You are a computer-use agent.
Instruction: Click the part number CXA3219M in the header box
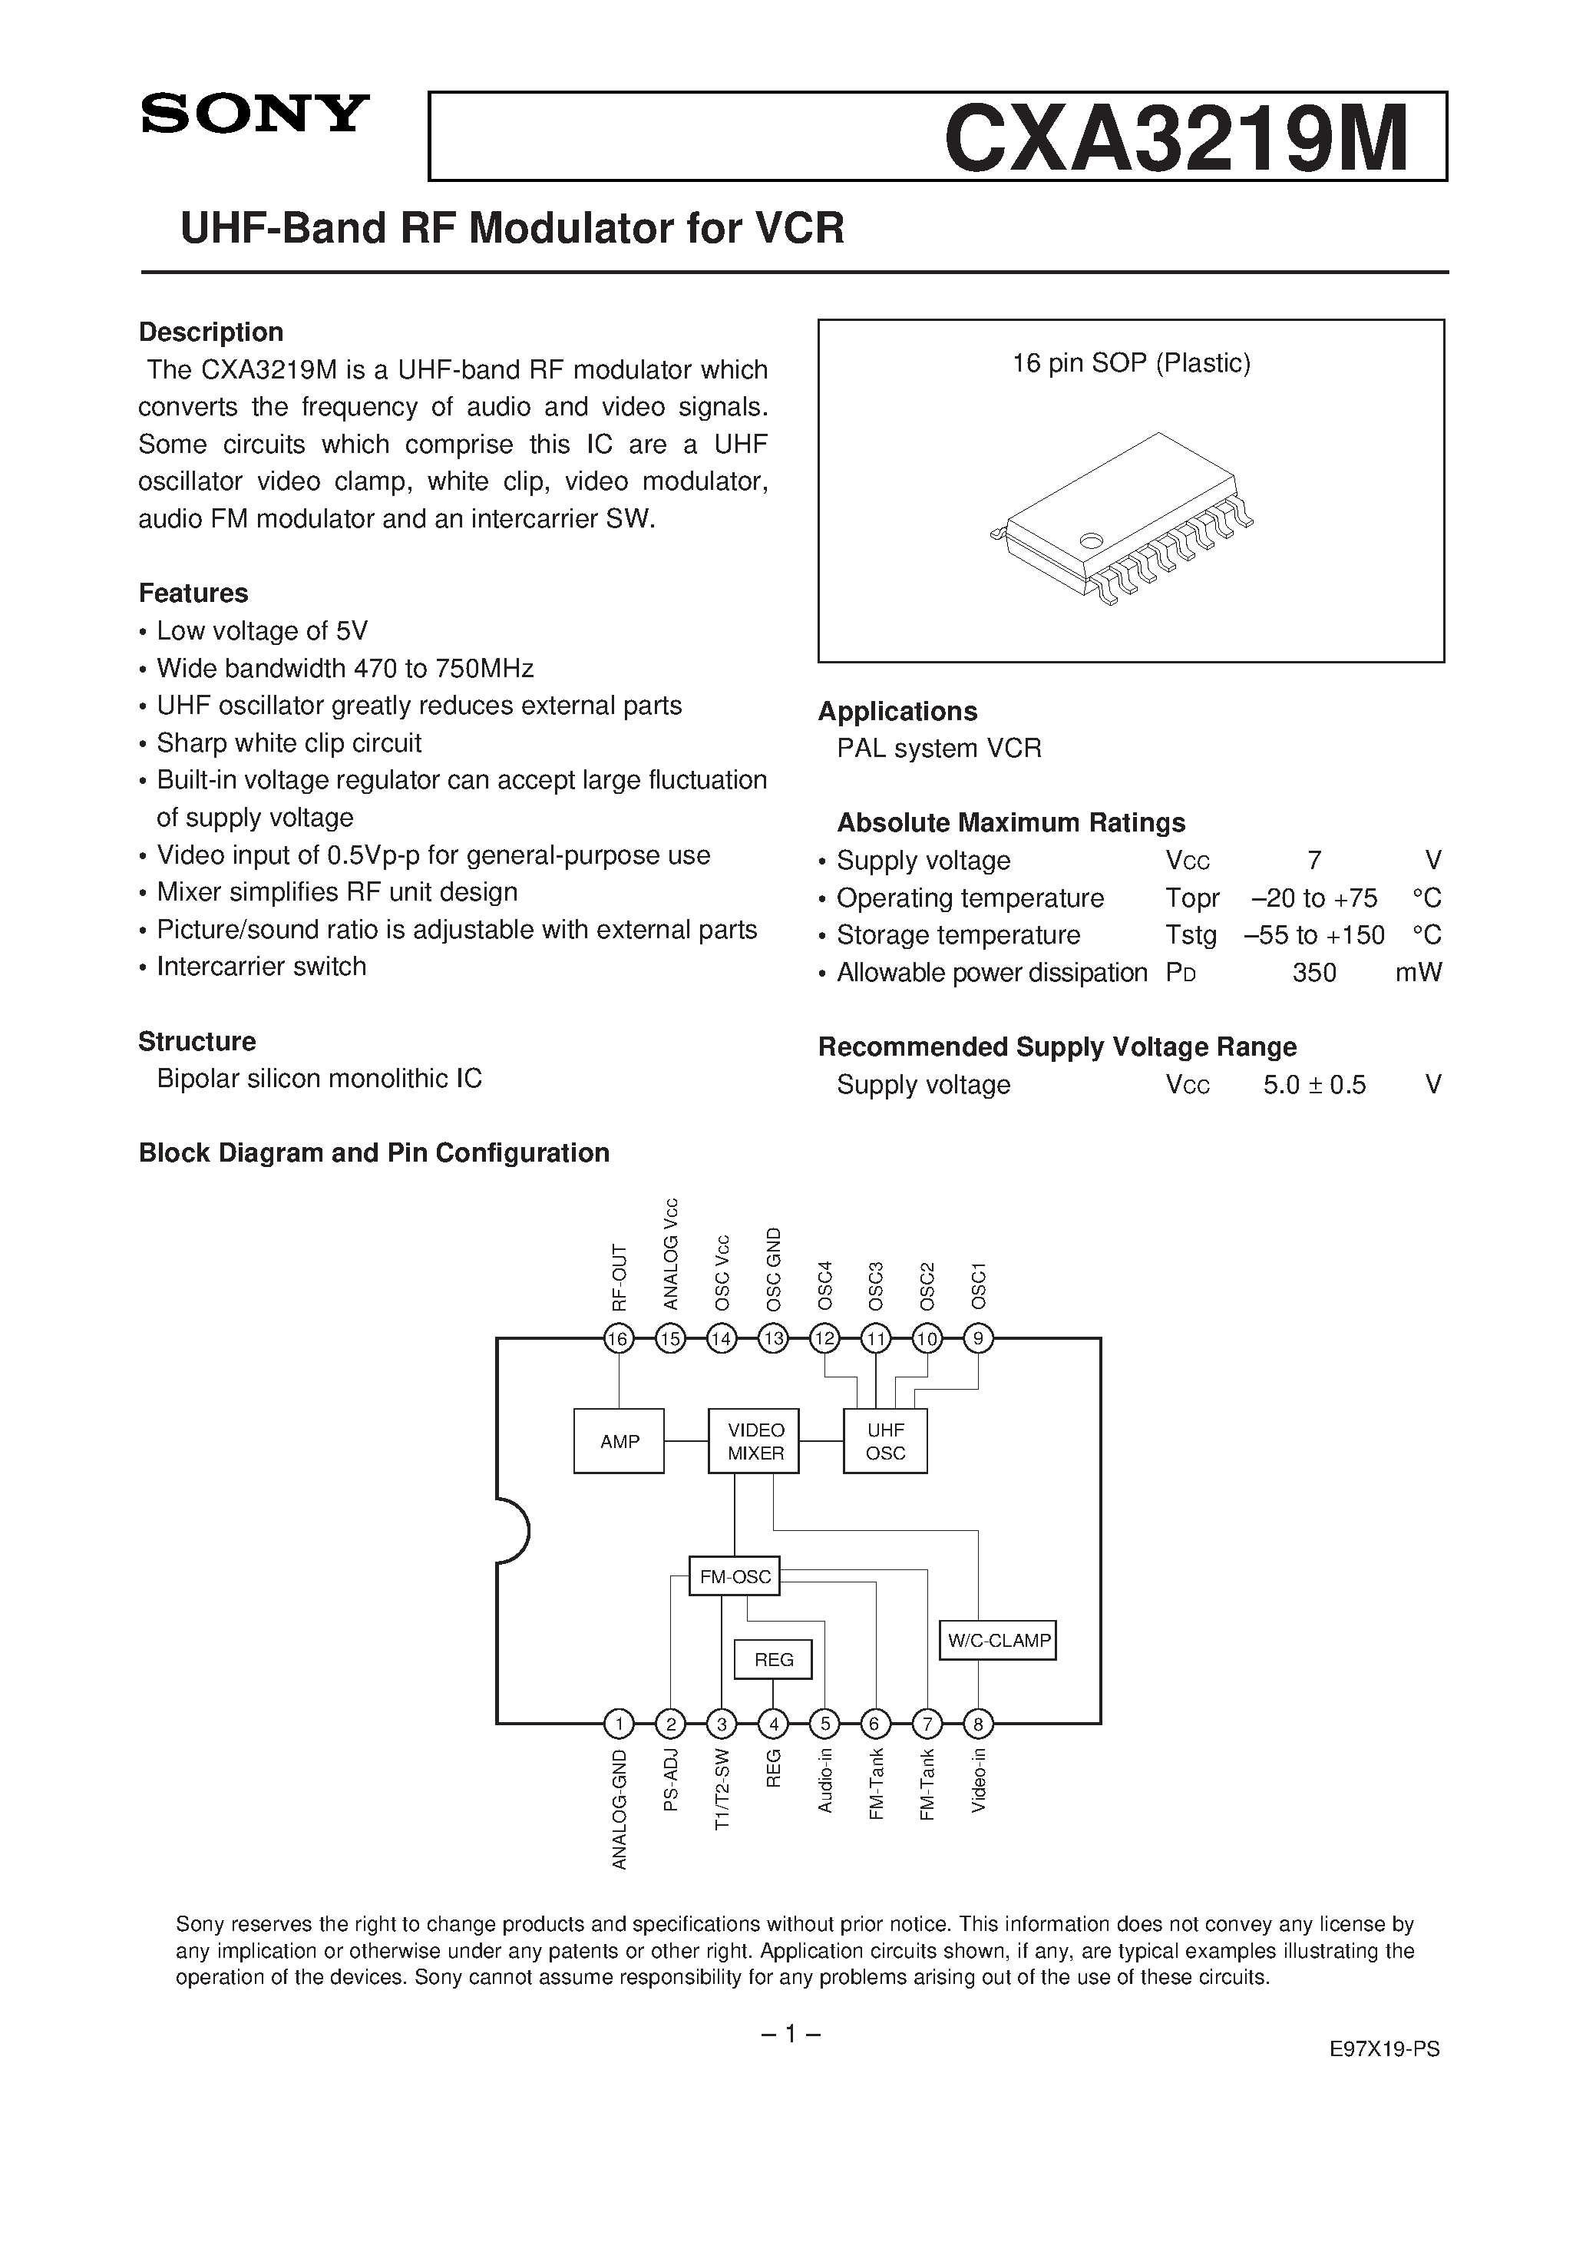(x=1176, y=139)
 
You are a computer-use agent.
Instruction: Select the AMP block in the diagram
(x=619, y=1441)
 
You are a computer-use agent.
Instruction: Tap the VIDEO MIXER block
(x=754, y=1441)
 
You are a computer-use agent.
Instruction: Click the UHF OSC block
(x=885, y=1441)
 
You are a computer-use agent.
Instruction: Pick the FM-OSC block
(x=735, y=1576)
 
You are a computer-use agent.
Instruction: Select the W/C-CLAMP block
(x=998, y=1640)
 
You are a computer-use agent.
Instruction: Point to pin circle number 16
(x=618, y=1338)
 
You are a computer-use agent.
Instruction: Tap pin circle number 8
(x=978, y=1723)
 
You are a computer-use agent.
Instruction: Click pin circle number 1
(x=618, y=1723)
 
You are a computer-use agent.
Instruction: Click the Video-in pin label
(x=979, y=1780)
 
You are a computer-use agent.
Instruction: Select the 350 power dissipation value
(x=1313, y=973)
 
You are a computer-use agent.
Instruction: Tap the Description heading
(x=211, y=332)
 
